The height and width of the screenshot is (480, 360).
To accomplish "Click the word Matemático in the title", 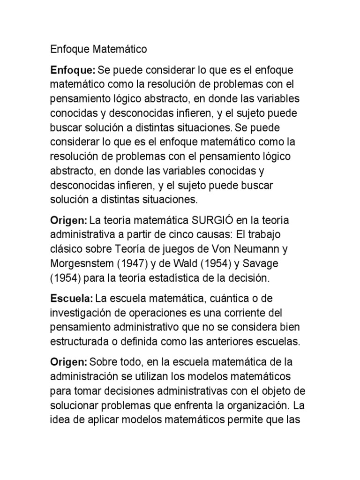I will [120, 49].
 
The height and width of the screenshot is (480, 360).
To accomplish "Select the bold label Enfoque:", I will [73, 70].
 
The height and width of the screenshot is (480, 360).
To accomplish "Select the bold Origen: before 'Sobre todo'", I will [69, 362].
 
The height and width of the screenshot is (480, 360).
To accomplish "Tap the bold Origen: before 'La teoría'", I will [69, 221].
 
